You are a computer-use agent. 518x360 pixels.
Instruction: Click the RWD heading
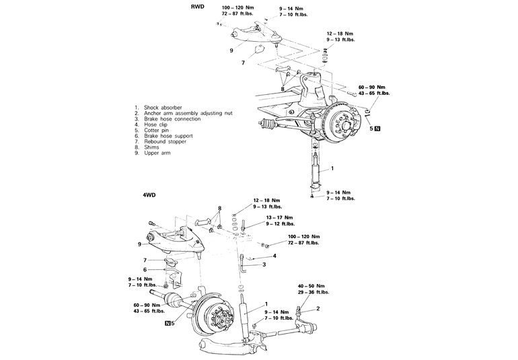198,6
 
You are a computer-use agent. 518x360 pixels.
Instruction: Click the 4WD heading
149,195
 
